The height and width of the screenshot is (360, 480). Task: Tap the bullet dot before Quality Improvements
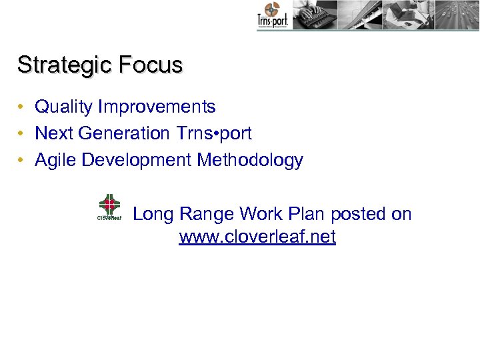pos(22,107)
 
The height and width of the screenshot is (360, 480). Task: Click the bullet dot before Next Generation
pos(22,133)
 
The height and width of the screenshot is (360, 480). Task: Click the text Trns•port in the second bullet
pos(214,133)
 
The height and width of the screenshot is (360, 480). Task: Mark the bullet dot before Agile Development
pos(22,160)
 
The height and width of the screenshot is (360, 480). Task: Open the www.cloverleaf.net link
pos(257,237)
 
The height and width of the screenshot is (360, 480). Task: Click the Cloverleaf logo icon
pos(109,207)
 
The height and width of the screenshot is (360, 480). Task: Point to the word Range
pos(205,215)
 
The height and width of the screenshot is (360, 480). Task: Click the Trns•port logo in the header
pos(271,16)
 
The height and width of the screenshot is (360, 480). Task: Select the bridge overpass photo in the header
pos(360,15)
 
